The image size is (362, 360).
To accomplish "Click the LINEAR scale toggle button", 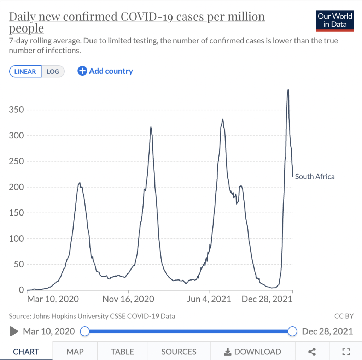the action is click(x=25, y=71).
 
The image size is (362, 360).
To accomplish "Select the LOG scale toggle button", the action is click(x=53, y=71).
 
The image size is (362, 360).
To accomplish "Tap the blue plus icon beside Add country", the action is click(x=82, y=71).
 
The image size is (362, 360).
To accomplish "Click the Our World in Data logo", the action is click(x=335, y=21).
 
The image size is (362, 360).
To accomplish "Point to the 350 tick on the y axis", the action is click(x=16, y=110).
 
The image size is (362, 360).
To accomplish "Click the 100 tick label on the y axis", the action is click(x=16, y=238).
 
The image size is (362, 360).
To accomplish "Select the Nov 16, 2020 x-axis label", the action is click(x=128, y=299).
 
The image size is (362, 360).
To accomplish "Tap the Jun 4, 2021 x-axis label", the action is click(x=209, y=299).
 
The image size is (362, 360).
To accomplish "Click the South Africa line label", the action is click(x=315, y=177).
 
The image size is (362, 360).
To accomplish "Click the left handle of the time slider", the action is click(x=85, y=331).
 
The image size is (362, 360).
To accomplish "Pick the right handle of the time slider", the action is click(x=292, y=331).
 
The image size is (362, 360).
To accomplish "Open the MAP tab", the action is click(x=75, y=352).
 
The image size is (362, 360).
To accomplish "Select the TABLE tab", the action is click(x=122, y=352).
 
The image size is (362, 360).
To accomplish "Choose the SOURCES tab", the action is click(x=179, y=352).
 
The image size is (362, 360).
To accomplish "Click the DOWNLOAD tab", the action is click(x=252, y=352).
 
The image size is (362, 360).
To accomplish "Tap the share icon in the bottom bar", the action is click(x=312, y=352).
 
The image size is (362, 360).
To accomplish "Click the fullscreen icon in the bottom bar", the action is click(x=346, y=352).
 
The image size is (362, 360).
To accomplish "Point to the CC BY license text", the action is click(x=344, y=316).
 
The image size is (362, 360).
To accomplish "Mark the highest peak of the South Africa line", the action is click(x=288, y=89).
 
